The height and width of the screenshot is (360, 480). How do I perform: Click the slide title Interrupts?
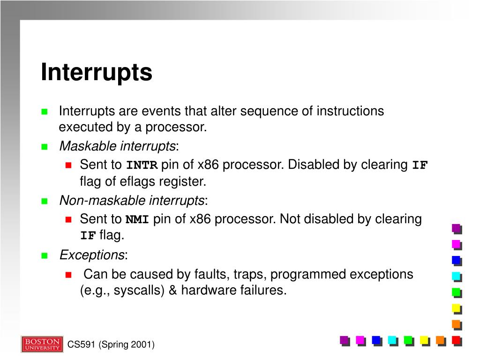pyautogui.click(x=97, y=72)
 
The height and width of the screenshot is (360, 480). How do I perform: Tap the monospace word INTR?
pyautogui.click(x=142, y=165)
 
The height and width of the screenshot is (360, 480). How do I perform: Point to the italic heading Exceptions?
pyautogui.click(x=91, y=255)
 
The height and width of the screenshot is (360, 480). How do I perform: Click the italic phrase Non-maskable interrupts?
pyautogui.click(x=132, y=201)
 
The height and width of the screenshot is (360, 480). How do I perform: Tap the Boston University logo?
pyautogui.click(x=42, y=344)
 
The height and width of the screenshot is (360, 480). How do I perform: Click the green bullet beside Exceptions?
pyautogui.click(x=45, y=256)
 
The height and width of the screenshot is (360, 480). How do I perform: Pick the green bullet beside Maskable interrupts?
pyautogui.click(x=45, y=147)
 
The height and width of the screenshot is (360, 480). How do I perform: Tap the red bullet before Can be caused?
pyautogui.click(x=68, y=275)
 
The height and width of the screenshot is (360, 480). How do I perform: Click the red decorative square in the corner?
pyautogui.click(x=456, y=340)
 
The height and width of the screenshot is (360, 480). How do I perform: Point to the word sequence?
pyautogui.click(x=261, y=111)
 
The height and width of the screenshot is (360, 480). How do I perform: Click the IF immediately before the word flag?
pyautogui.click(x=88, y=236)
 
